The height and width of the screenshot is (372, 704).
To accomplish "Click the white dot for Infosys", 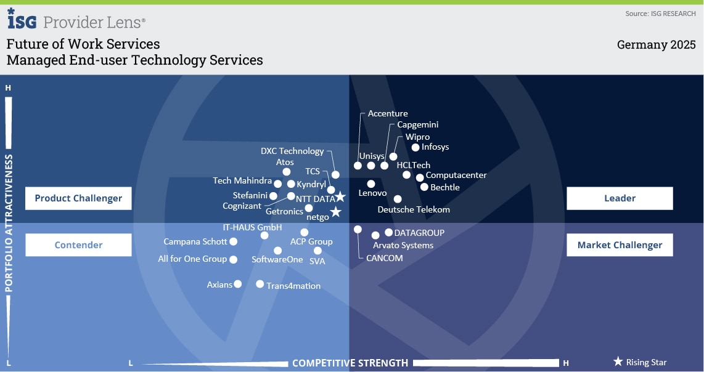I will [x=415, y=148].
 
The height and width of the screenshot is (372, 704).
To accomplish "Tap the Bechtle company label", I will [x=444, y=187].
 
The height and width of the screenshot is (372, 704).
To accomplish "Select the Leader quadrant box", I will [x=620, y=198].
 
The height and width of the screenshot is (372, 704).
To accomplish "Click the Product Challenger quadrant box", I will [x=78, y=198].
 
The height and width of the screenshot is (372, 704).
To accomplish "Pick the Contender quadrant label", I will [x=78, y=245].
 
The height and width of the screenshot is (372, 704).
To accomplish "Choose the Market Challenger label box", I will [x=620, y=245].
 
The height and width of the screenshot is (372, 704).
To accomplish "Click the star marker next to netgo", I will [x=335, y=212].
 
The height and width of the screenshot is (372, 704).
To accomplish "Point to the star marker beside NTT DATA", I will [x=340, y=197].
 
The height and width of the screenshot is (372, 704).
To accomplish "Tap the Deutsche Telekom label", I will [x=414, y=209].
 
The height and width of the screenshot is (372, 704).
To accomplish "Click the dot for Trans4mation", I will [x=260, y=284].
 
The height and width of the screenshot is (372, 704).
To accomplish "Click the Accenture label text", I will [x=388, y=113].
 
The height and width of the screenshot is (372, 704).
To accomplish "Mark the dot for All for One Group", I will [x=233, y=260].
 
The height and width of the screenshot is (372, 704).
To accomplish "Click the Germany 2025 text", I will [x=656, y=45].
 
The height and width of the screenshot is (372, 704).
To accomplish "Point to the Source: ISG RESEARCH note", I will [x=660, y=14].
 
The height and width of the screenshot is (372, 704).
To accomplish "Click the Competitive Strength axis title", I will [x=350, y=363].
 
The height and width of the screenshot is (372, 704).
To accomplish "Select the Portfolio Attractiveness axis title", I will [x=9, y=222].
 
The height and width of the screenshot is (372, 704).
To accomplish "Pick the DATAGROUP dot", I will [x=388, y=232].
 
